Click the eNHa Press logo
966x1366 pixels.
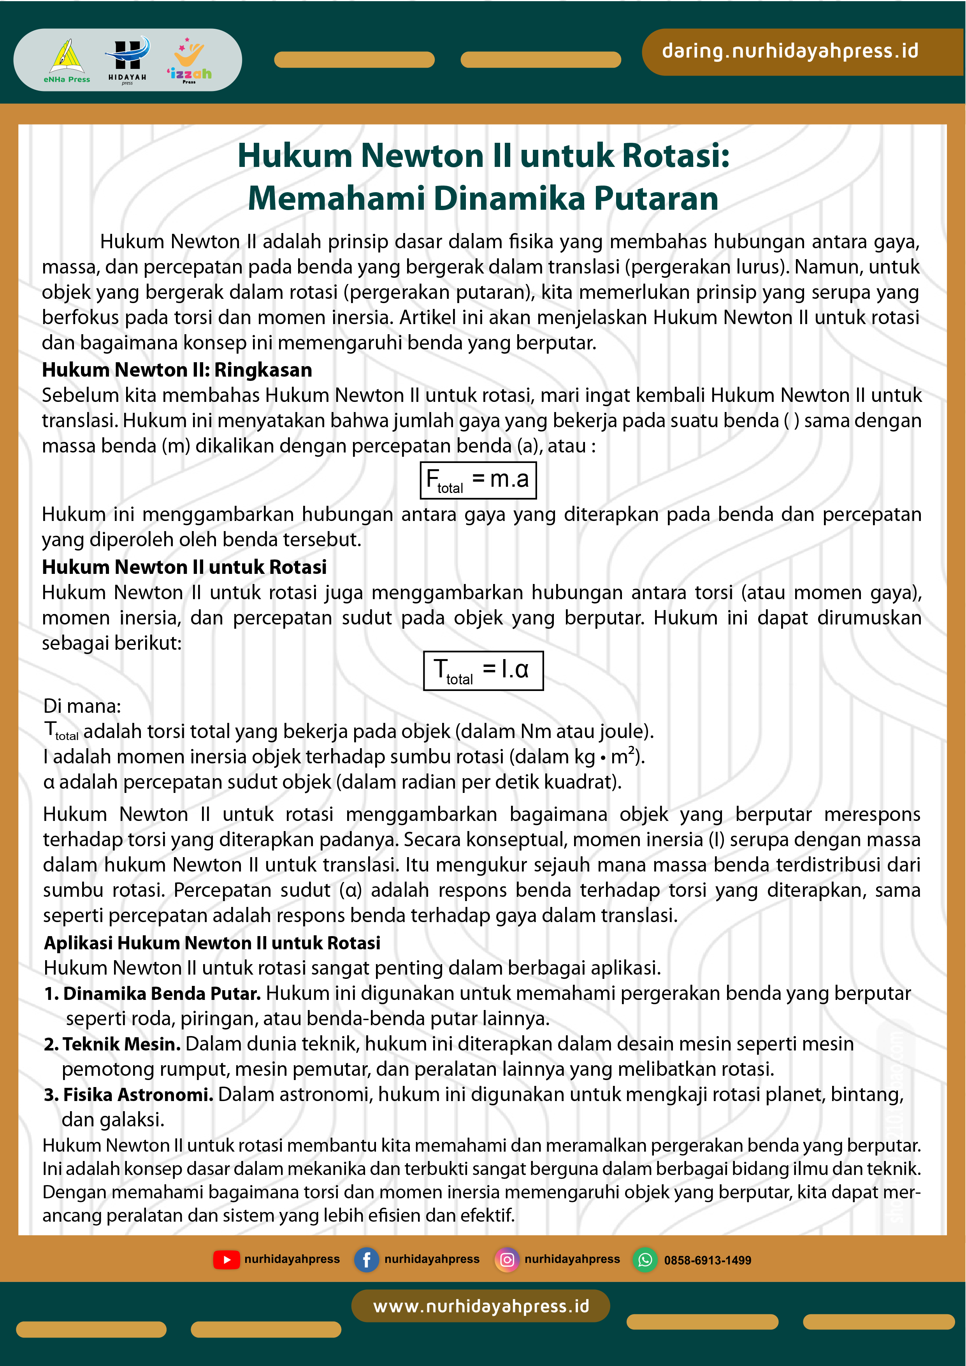[67, 61]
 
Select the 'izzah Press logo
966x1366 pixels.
[189, 61]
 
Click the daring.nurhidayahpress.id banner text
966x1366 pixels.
[790, 51]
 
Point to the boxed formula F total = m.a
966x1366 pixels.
[478, 480]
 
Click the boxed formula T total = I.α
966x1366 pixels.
[483, 670]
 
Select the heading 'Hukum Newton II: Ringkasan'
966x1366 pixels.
[177, 370]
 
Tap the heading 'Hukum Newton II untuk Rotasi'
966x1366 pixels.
[184, 567]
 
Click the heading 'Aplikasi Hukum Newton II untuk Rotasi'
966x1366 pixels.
[212, 943]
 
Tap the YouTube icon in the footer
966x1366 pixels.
[226, 1259]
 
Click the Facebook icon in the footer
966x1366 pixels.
[366, 1259]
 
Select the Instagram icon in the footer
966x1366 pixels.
[506, 1259]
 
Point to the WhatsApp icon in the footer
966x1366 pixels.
[645, 1259]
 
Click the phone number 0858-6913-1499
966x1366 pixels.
[707, 1260]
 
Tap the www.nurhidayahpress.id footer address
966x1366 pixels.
[481, 1306]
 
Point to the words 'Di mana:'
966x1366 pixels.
[82, 706]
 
